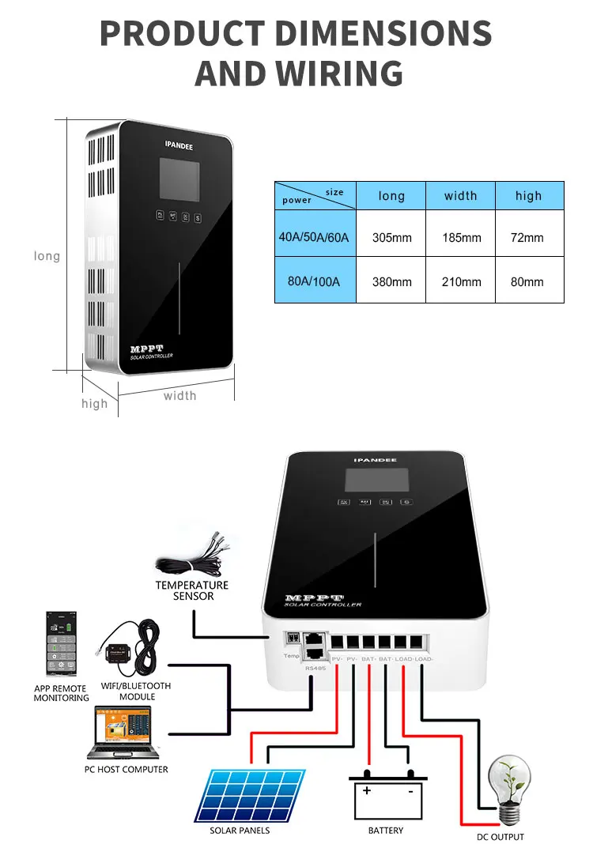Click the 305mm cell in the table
(x=391, y=237)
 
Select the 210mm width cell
(x=460, y=281)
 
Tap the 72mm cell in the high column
(x=527, y=237)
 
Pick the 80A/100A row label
(x=315, y=281)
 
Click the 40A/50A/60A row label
(x=314, y=237)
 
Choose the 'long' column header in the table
(x=391, y=196)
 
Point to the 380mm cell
(x=391, y=281)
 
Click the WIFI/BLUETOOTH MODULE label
(x=137, y=691)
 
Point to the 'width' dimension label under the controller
(x=179, y=395)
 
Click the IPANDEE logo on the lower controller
(x=375, y=460)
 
